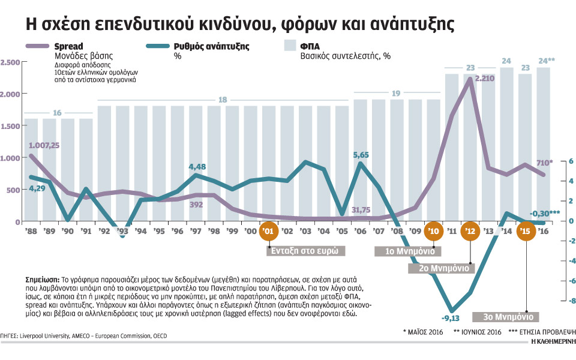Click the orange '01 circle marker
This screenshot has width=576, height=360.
pos(269,231)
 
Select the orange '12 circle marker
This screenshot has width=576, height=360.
pos(471,231)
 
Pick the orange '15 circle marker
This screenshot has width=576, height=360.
pos(527,231)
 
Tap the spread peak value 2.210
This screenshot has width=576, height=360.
pos(485,78)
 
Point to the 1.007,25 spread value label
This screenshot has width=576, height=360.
pos(44,145)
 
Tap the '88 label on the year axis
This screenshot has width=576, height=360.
pos(32,231)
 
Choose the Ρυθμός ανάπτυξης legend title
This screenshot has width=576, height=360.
pos(211,46)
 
